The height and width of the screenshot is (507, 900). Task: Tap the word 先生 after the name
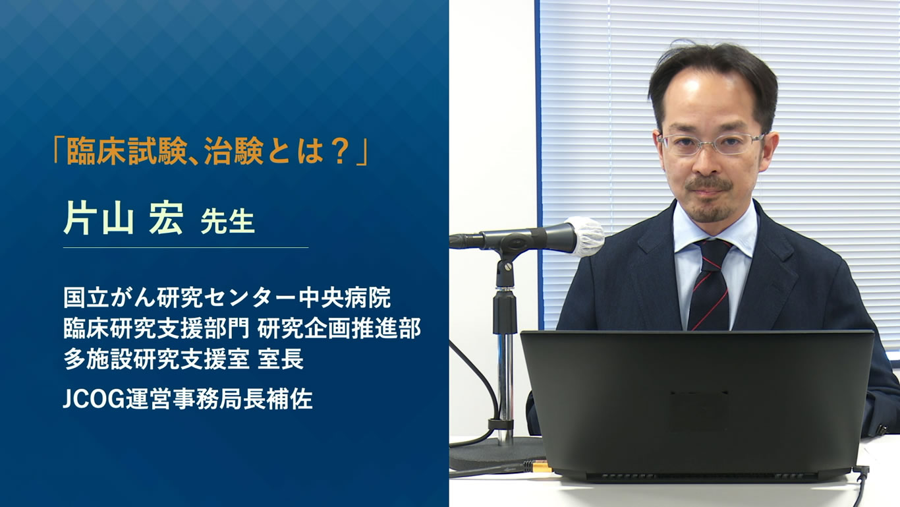tap(227, 223)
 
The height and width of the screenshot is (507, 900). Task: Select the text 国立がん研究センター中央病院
tap(227, 298)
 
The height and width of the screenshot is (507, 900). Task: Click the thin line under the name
tap(185, 248)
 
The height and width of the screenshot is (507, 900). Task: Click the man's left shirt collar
tap(743, 235)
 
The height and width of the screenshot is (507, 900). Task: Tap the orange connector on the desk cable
tap(542, 466)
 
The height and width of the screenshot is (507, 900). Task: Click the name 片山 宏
tap(123, 220)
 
